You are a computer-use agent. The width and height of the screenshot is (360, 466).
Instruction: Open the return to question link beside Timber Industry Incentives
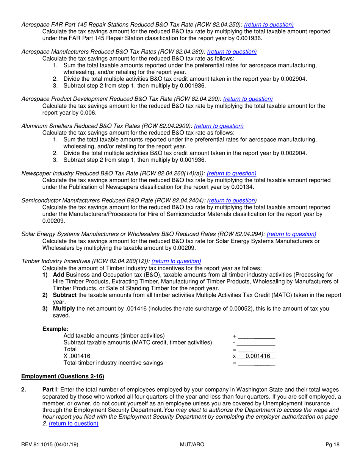point(176,261)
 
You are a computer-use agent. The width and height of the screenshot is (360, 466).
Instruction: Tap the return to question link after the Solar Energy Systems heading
point(291,234)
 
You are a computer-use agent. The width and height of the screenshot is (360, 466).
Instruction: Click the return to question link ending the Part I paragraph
point(74,424)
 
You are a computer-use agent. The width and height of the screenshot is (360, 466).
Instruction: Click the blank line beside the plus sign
point(256,336)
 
